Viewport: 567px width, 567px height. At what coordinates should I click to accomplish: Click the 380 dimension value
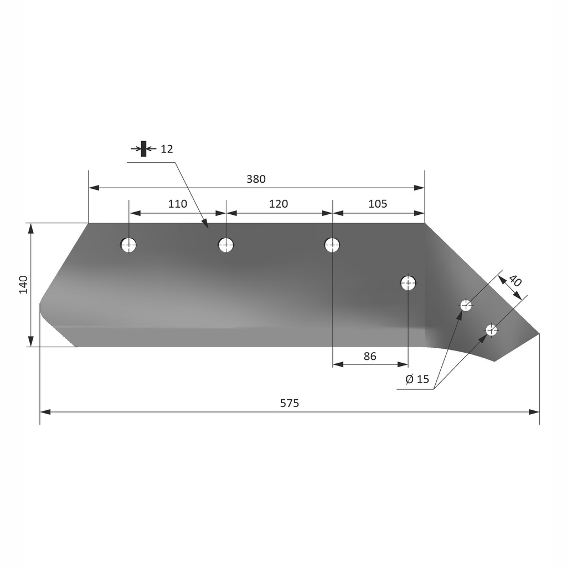click(x=256, y=179)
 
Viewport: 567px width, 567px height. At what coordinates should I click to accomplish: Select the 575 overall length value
click(x=289, y=403)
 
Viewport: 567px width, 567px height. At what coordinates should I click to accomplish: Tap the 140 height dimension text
click(x=23, y=285)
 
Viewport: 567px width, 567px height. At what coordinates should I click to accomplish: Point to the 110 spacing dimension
click(x=177, y=204)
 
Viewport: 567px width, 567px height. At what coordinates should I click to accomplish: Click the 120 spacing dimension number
click(x=278, y=204)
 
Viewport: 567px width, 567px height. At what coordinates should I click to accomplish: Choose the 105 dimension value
click(x=378, y=204)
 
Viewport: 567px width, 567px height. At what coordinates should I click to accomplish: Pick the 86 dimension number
click(x=370, y=356)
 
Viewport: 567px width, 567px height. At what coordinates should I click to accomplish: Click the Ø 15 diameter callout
click(x=417, y=379)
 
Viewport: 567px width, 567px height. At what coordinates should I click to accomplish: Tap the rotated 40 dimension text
click(x=514, y=281)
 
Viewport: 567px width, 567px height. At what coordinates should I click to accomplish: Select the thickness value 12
click(x=167, y=149)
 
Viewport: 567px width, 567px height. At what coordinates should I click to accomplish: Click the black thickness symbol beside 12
click(x=143, y=148)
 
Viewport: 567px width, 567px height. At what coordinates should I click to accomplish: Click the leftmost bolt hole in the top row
click(x=128, y=244)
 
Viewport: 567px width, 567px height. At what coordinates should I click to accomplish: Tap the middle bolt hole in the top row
click(x=226, y=244)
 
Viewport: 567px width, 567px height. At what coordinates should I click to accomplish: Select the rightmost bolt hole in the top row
click(x=332, y=244)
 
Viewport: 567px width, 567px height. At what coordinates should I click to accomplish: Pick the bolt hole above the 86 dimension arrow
click(x=408, y=283)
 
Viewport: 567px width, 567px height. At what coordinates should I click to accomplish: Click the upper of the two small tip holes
click(x=466, y=305)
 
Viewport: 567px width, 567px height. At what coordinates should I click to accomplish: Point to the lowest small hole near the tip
click(x=491, y=330)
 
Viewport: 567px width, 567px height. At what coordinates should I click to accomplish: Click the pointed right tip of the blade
click(x=538, y=333)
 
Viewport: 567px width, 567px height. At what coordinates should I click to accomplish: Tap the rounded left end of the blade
click(x=41, y=310)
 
